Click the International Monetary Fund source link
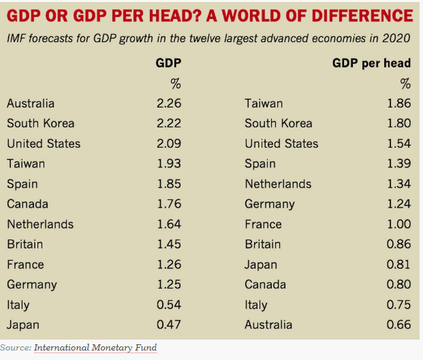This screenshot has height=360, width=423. pyautogui.click(x=95, y=347)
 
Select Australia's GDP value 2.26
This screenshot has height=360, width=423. pyautogui.click(x=169, y=103)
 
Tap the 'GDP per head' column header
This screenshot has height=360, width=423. pyautogui.click(x=371, y=63)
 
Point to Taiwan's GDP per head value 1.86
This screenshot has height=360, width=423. pyautogui.click(x=398, y=103)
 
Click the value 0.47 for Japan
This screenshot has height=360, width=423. pyautogui.click(x=169, y=325)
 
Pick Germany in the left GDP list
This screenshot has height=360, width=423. pyautogui.click(x=32, y=284)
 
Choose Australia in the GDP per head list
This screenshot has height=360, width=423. pyautogui.click(x=268, y=325)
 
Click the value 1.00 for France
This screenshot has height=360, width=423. pyautogui.click(x=398, y=224)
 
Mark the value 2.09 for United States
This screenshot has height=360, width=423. pyautogui.click(x=169, y=144)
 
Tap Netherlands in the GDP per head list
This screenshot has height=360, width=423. pyautogui.click(x=278, y=184)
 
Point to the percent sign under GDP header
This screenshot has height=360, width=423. pyautogui.click(x=176, y=84)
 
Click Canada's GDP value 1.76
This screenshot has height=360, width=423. pyautogui.click(x=169, y=204)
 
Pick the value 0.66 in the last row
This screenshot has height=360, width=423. pyautogui.click(x=398, y=325)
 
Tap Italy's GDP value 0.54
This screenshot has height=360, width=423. pyautogui.click(x=169, y=305)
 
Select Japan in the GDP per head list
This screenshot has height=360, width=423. pyautogui.click(x=261, y=265)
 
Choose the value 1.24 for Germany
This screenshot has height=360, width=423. pyautogui.click(x=398, y=204)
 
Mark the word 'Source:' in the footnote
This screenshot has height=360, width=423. pyautogui.click(x=15, y=347)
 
